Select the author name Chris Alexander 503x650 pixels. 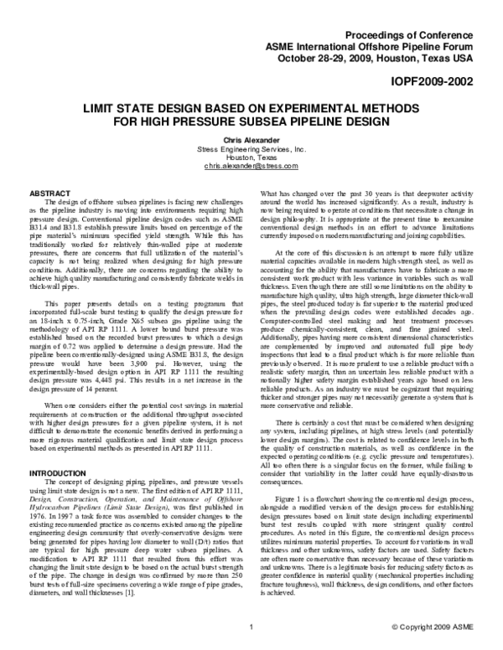251,140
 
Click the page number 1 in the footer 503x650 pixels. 251,627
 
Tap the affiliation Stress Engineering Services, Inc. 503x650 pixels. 251,149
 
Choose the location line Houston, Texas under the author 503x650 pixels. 251,158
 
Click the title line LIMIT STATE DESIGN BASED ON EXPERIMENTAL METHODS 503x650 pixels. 251,109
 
